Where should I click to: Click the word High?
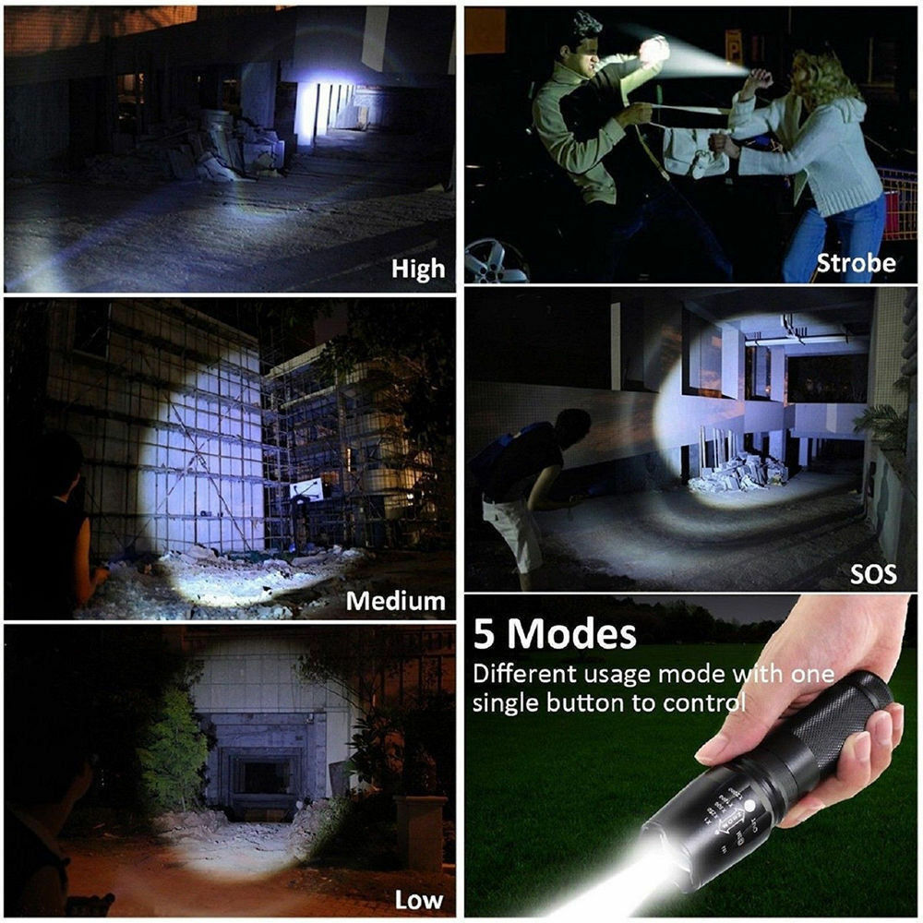pos(417,270)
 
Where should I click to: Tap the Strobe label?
pos(855,263)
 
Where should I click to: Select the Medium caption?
pos(395,601)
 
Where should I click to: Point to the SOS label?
pos(872,573)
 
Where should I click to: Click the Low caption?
pos(418,900)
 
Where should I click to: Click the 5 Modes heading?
pos(555,635)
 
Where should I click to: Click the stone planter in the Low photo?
pos(419,831)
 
